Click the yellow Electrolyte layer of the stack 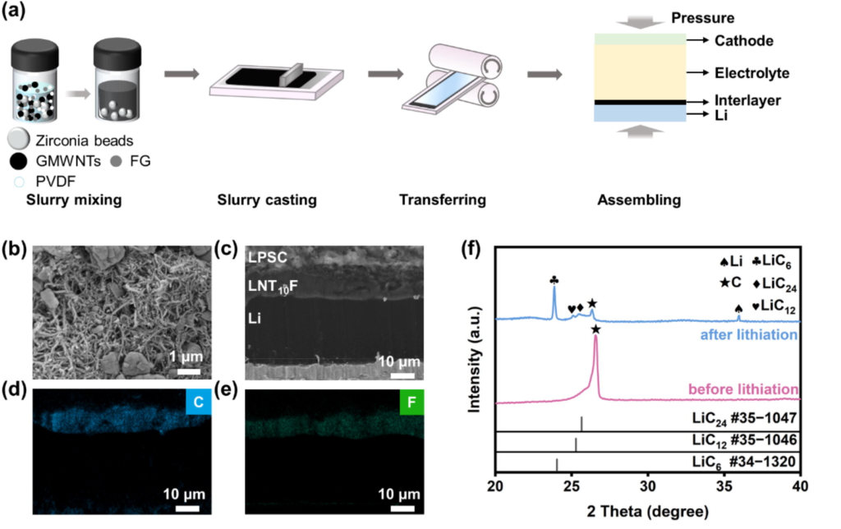[x=639, y=72]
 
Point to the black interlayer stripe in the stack [x=639, y=102]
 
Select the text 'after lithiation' [x=747, y=335]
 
